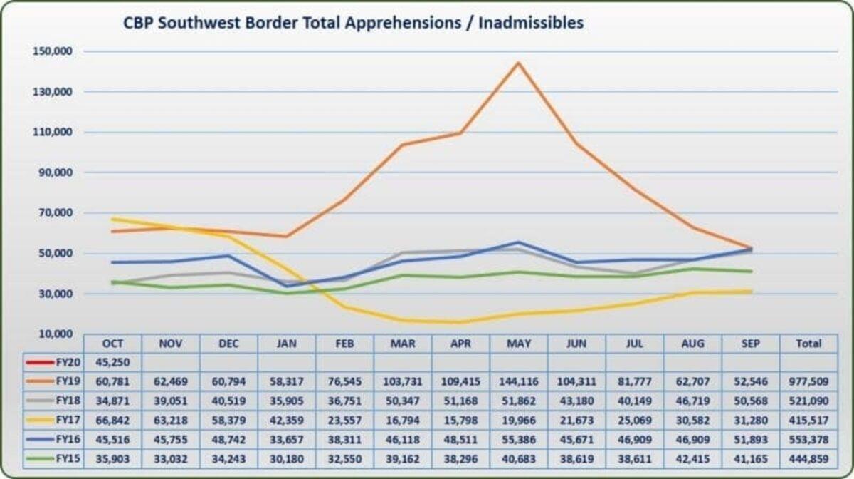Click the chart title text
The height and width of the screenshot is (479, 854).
coord(353,23)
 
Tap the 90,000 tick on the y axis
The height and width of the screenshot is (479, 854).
coord(54,172)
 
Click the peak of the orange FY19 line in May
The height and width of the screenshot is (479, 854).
coord(518,63)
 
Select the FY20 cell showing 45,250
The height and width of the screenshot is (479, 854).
coord(112,362)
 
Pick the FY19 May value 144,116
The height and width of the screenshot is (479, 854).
coord(518,381)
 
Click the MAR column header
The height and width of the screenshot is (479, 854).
coord(402,344)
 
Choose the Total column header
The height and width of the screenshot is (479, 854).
coord(808,344)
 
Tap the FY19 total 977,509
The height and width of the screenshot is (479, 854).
coord(808,381)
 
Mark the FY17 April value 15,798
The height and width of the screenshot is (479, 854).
coord(460,418)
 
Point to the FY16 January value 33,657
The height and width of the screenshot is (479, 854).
coord(286,437)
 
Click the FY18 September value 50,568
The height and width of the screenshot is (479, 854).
coord(750,399)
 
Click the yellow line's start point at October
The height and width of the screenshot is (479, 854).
coord(112,219)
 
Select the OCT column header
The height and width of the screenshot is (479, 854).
coord(112,344)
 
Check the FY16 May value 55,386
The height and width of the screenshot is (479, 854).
coord(518,437)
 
